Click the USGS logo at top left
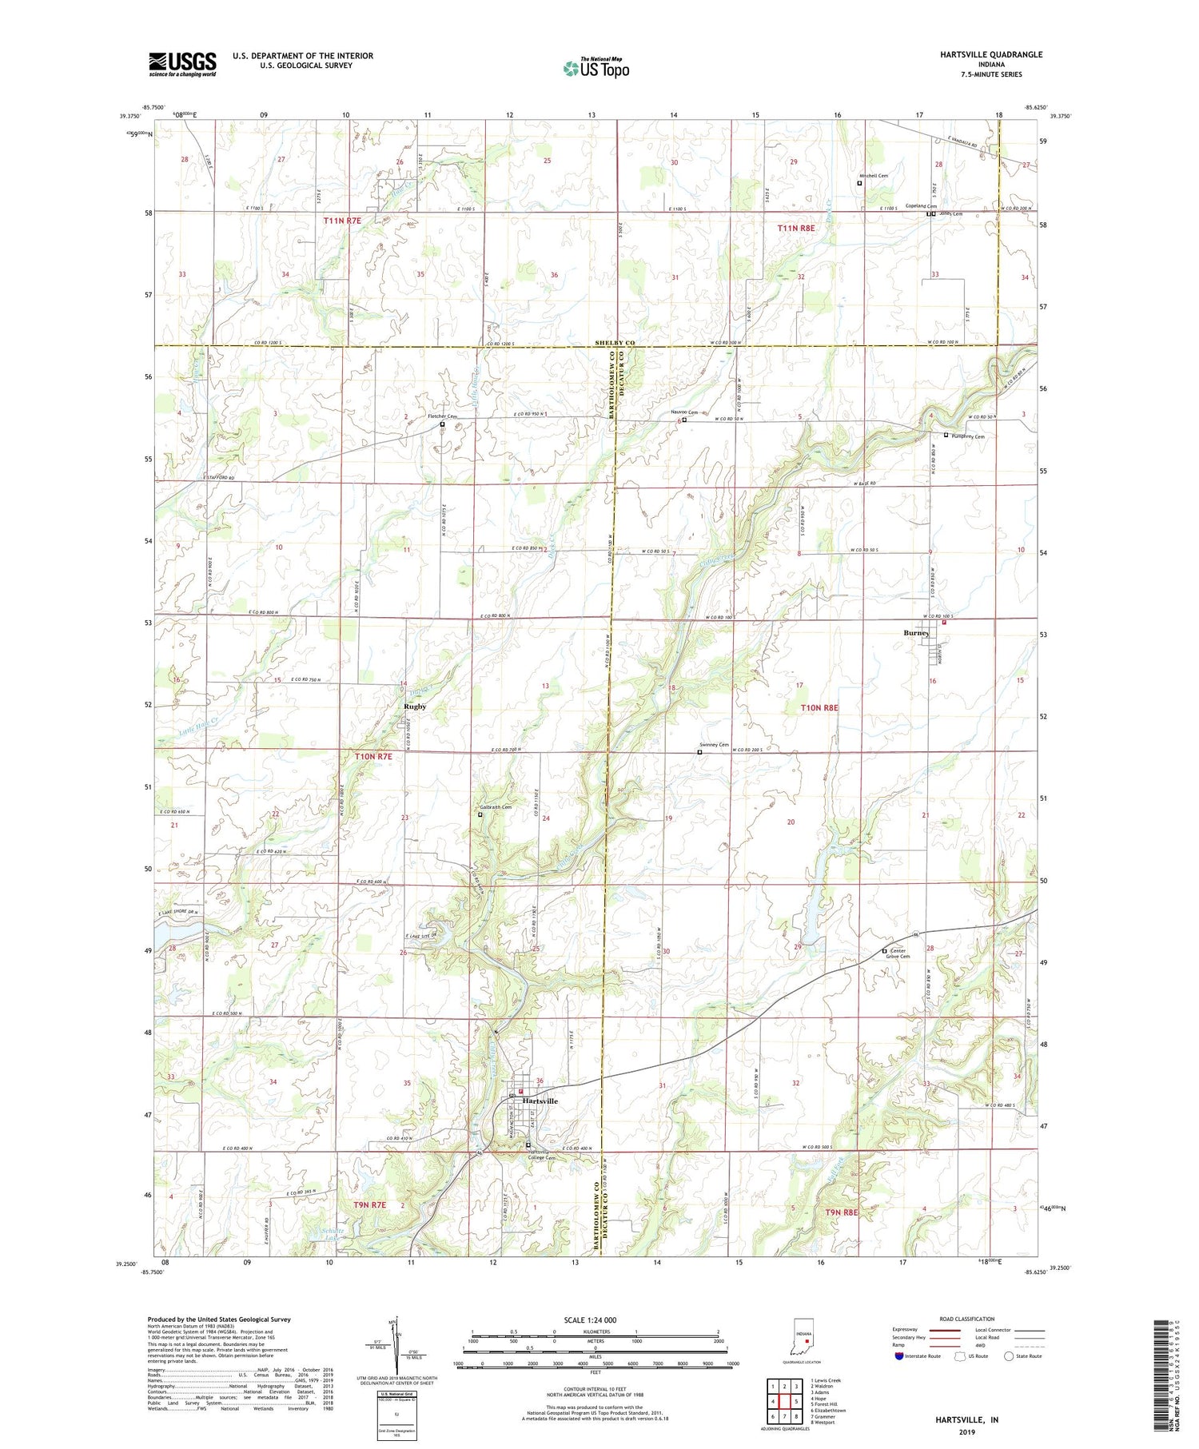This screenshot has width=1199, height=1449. point(182,64)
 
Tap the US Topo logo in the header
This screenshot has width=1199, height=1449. point(596,69)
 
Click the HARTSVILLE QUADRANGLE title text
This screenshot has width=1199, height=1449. point(991,54)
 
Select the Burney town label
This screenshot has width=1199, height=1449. point(916,633)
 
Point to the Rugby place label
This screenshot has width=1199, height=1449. point(415,707)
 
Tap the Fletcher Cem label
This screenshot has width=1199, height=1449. point(443,417)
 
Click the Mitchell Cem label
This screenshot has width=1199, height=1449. point(874,176)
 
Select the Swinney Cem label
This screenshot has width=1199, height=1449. point(715,745)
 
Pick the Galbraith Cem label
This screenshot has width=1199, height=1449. point(496,807)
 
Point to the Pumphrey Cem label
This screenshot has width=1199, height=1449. point(967,436)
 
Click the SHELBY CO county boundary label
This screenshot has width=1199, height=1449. point(615,343)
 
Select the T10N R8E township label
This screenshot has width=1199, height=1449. point(819,708)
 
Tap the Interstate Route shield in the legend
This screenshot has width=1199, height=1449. point(899,1356)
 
